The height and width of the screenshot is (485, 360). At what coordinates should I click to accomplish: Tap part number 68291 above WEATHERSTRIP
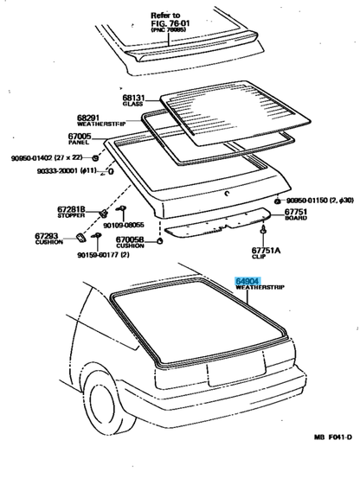tap(90, 118)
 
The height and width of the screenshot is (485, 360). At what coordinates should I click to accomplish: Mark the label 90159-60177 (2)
tap(103, 256)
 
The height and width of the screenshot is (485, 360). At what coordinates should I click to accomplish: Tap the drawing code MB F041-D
tap(332, 461)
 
